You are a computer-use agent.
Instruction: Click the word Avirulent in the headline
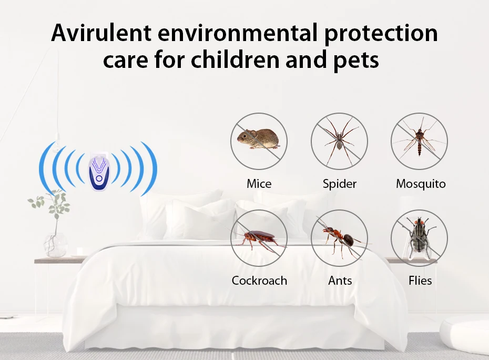(x=101, y=33)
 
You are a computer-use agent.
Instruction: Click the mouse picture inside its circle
(x=258, y=138)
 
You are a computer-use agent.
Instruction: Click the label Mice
(x=259, y=184)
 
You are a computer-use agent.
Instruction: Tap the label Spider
(x=339, y=184)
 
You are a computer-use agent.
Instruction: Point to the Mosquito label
(x=421, y=184)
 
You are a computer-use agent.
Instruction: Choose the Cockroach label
(x=259, y=281)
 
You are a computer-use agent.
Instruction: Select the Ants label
(x=340, y=281)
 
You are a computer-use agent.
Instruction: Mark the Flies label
(x=420, y=281)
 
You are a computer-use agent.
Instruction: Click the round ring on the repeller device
(x=99, y=179)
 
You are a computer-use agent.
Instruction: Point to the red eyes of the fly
(x=419, y=222)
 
